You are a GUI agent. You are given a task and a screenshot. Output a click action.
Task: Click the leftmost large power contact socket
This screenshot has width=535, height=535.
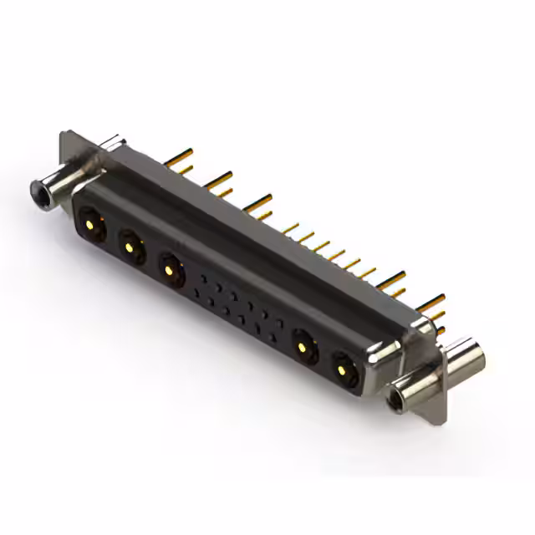(90, 223)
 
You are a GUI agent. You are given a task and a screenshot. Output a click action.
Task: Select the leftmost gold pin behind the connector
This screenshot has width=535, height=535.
(178, 157)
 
